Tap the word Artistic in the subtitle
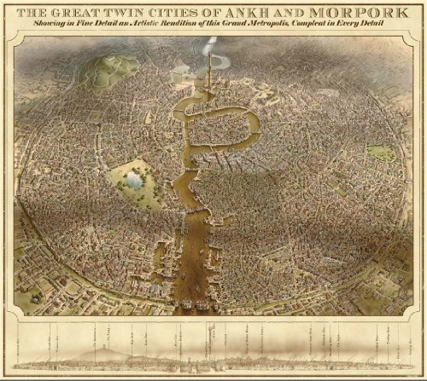pos(161,26)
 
